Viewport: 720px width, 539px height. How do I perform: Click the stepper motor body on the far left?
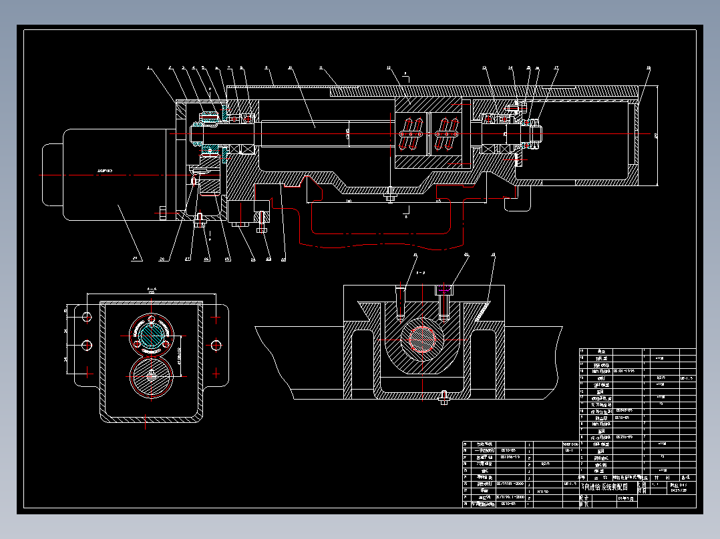[x=114, y=175]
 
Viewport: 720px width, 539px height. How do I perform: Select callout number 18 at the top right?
[x=648, y=67]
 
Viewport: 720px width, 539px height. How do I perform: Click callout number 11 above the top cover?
[x=321, y=67]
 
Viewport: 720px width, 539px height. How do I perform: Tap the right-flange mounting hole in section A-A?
[x=215, y=345]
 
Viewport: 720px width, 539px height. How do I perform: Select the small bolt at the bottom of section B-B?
[x=443, y=398]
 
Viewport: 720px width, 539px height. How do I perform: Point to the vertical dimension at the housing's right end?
[x=656, y=135]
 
